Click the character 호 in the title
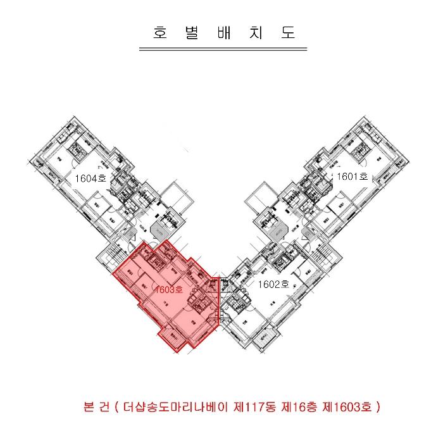(159, 33)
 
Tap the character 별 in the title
(190, 33)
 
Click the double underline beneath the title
(222, 48)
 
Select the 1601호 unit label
(352, 177)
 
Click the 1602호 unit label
(273, 284)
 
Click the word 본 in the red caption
(89, 406)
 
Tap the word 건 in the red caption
(106, 406)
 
